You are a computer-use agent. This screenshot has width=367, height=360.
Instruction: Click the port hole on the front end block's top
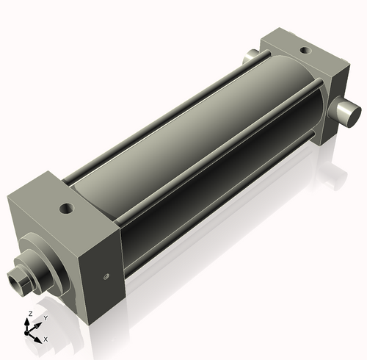[68, 208]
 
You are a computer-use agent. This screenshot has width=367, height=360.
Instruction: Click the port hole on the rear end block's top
[304, 49]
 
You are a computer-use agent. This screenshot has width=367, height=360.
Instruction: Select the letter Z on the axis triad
[29, 314]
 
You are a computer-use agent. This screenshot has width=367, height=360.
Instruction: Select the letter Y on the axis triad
[45, 317]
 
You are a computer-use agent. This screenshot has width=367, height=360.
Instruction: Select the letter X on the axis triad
[46, 339]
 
